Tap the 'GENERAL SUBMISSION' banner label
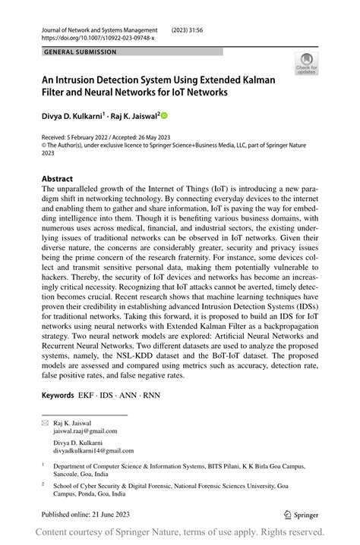pos(81,52)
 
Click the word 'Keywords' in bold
pos(58,395)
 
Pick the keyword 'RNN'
pos(151,395)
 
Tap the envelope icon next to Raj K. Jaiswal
pos(44,423)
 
